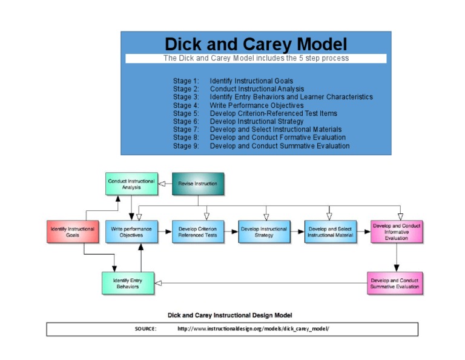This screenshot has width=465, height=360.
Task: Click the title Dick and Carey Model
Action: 256,44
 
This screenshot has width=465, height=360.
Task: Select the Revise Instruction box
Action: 198,184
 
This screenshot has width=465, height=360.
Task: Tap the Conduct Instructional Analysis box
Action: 131,184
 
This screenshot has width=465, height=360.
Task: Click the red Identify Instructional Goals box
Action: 72,232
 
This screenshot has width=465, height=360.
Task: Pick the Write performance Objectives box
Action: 131,232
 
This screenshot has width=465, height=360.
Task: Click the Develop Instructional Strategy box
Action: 264,232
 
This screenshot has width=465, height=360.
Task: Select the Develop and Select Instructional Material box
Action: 330,232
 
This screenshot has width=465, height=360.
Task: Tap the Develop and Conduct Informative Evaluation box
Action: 396,232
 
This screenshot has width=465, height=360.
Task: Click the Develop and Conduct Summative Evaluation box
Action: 395,284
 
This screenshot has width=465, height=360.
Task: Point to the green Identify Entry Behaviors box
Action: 128,284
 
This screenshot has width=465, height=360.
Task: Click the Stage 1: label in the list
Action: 186,81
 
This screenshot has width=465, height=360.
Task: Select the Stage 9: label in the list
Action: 186,146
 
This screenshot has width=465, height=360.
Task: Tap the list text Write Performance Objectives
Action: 257,105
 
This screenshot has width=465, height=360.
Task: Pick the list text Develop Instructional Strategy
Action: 257,122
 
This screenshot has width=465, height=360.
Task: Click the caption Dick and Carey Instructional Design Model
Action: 230,315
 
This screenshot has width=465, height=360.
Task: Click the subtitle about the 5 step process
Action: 256,58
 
